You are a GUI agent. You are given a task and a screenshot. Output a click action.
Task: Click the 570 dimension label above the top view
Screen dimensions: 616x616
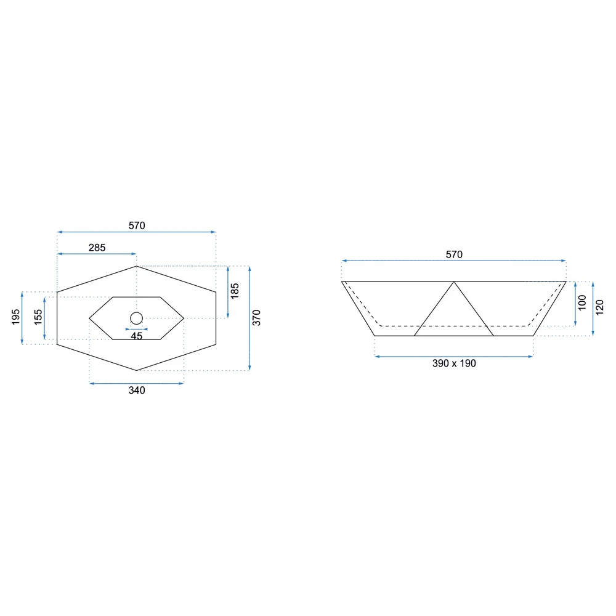[x=137, y=225]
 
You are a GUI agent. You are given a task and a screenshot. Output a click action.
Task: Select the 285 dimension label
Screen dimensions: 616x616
[x=97, y=248]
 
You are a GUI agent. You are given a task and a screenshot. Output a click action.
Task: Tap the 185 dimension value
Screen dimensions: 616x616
[x=235, y=291]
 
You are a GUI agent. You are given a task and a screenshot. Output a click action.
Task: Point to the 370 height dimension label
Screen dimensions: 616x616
[x=256, y=318]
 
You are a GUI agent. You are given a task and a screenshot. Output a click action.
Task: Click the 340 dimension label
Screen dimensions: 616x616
[x=137, y=390]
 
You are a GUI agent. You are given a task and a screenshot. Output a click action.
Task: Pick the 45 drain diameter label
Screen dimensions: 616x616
[x=136, y=336]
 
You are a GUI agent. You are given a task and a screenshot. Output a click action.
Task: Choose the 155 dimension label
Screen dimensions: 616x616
[x=38, y=317]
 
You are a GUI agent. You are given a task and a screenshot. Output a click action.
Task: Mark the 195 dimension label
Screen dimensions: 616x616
[x=16, y=317]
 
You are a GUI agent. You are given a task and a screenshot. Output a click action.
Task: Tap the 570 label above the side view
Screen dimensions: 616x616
[x=454, y=254]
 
